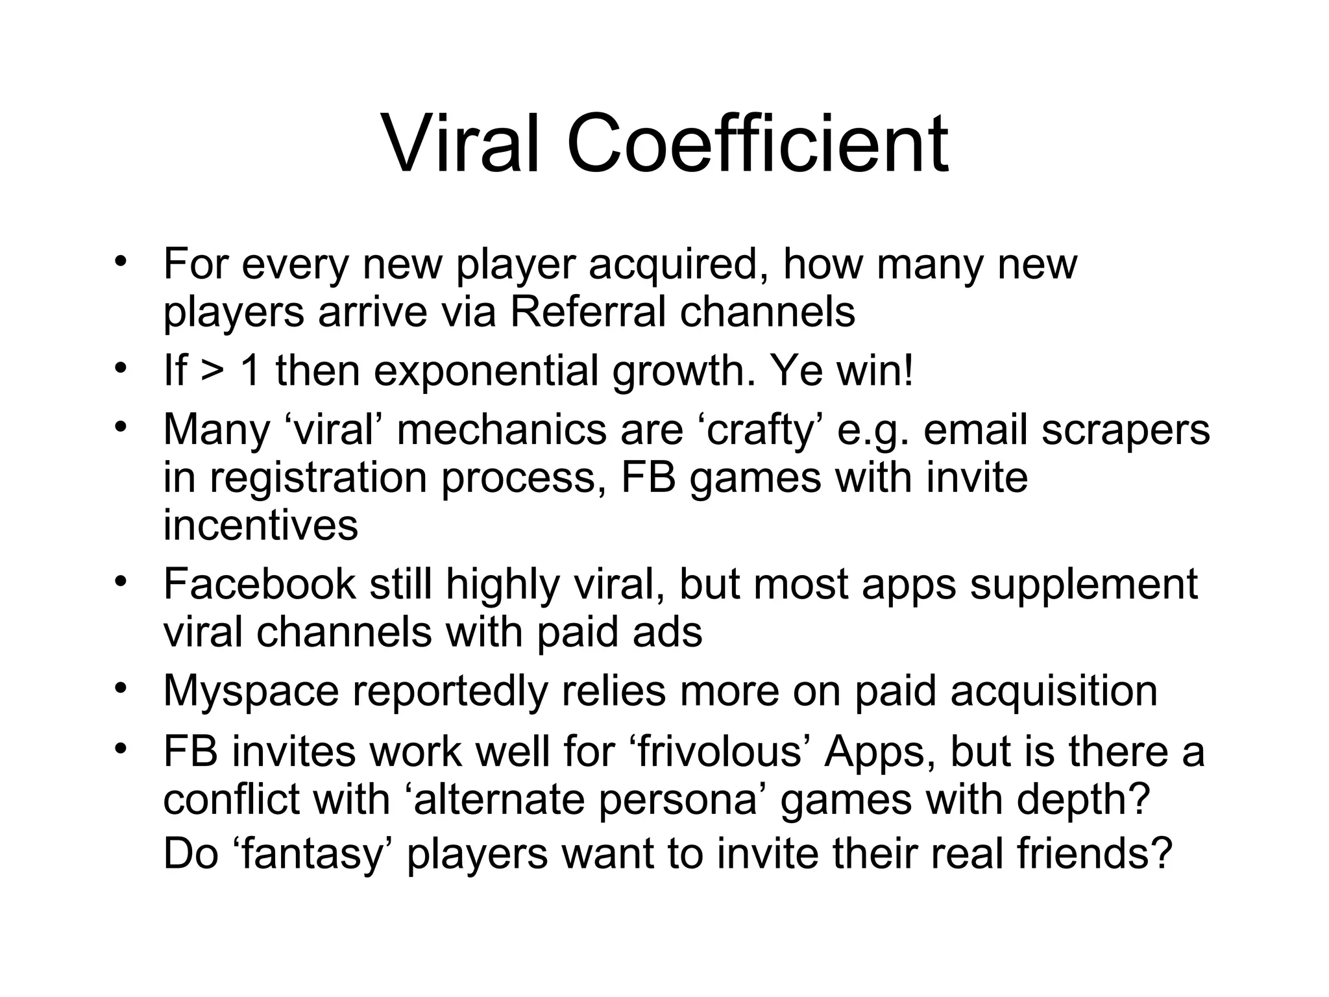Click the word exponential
(x=487, y=371)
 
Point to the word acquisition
(x=1054, y=691)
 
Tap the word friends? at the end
(x=1095, y=853)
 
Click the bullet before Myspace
(x=119, y=687)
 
